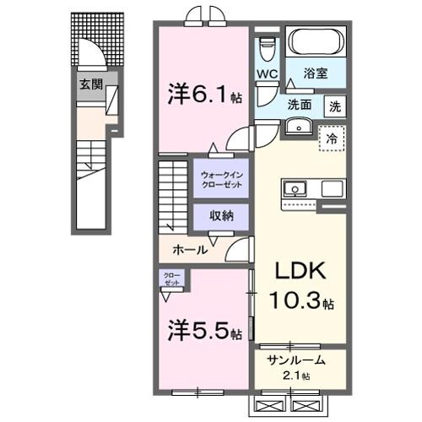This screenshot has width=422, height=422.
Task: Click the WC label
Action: pyautogui.click(x=268, y=73)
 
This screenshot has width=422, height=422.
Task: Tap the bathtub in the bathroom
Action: pyautogui.click(x=314, y=42)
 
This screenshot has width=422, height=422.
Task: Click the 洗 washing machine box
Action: pyautogui.click(x=334, y=107)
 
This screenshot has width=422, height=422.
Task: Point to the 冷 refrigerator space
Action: pyautogui.click(x=333, y=138)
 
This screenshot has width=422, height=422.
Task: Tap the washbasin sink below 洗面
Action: pyautogui.click(x=299, y=126)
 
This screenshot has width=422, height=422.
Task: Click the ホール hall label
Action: pyautogui.click(x=191, y=251)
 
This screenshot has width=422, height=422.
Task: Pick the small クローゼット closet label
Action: pyautogui.click(x=171, y=279)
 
